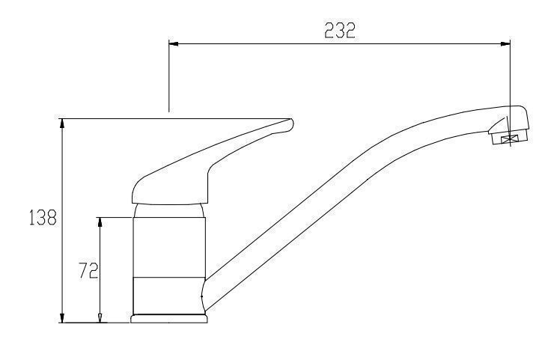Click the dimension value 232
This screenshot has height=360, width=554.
(x=340, y=30)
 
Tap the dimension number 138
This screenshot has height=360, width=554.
(x=43, y=217)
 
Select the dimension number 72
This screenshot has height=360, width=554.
(x=88, y=270)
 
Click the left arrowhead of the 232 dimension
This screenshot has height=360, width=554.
(x=174, y=44)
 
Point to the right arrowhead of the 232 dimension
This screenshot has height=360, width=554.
(x=505, y=44)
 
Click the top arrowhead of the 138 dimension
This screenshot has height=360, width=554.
(x=63, y=123)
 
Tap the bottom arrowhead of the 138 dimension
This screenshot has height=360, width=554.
(x=63, y=317)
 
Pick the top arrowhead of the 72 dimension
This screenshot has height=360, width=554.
(x=100, y=222)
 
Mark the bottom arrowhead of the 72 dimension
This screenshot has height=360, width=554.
(x=100, y=317)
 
